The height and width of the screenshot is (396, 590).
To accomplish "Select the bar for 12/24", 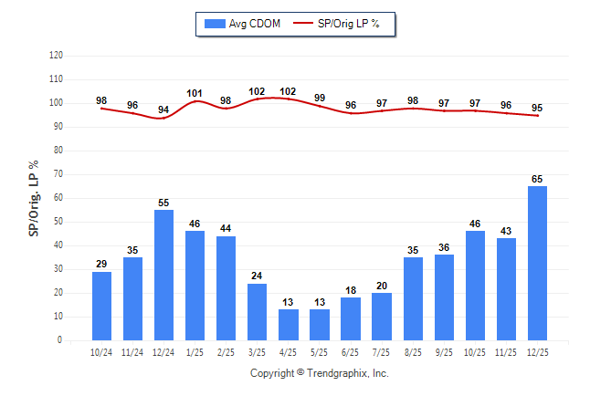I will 163,275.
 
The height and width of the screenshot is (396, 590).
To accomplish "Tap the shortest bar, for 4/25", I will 289,325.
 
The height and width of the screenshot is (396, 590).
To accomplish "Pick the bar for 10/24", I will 101,306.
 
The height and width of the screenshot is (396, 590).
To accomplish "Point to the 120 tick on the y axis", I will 56,56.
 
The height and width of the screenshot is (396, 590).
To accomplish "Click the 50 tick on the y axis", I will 58,222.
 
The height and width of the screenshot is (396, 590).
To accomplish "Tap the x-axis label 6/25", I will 351,352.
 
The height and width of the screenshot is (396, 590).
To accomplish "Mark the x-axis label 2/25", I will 226,352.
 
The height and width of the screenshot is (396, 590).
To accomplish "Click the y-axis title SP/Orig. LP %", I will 34,196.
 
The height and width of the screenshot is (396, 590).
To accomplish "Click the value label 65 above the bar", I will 538,179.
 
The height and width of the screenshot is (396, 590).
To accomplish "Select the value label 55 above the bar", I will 163,203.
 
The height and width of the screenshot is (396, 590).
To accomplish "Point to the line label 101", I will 195,92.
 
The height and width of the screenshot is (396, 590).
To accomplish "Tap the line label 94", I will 163,109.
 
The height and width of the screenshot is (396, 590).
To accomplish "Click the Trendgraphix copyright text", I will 320,373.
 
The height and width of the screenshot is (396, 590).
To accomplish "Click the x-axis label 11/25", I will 507,352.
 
